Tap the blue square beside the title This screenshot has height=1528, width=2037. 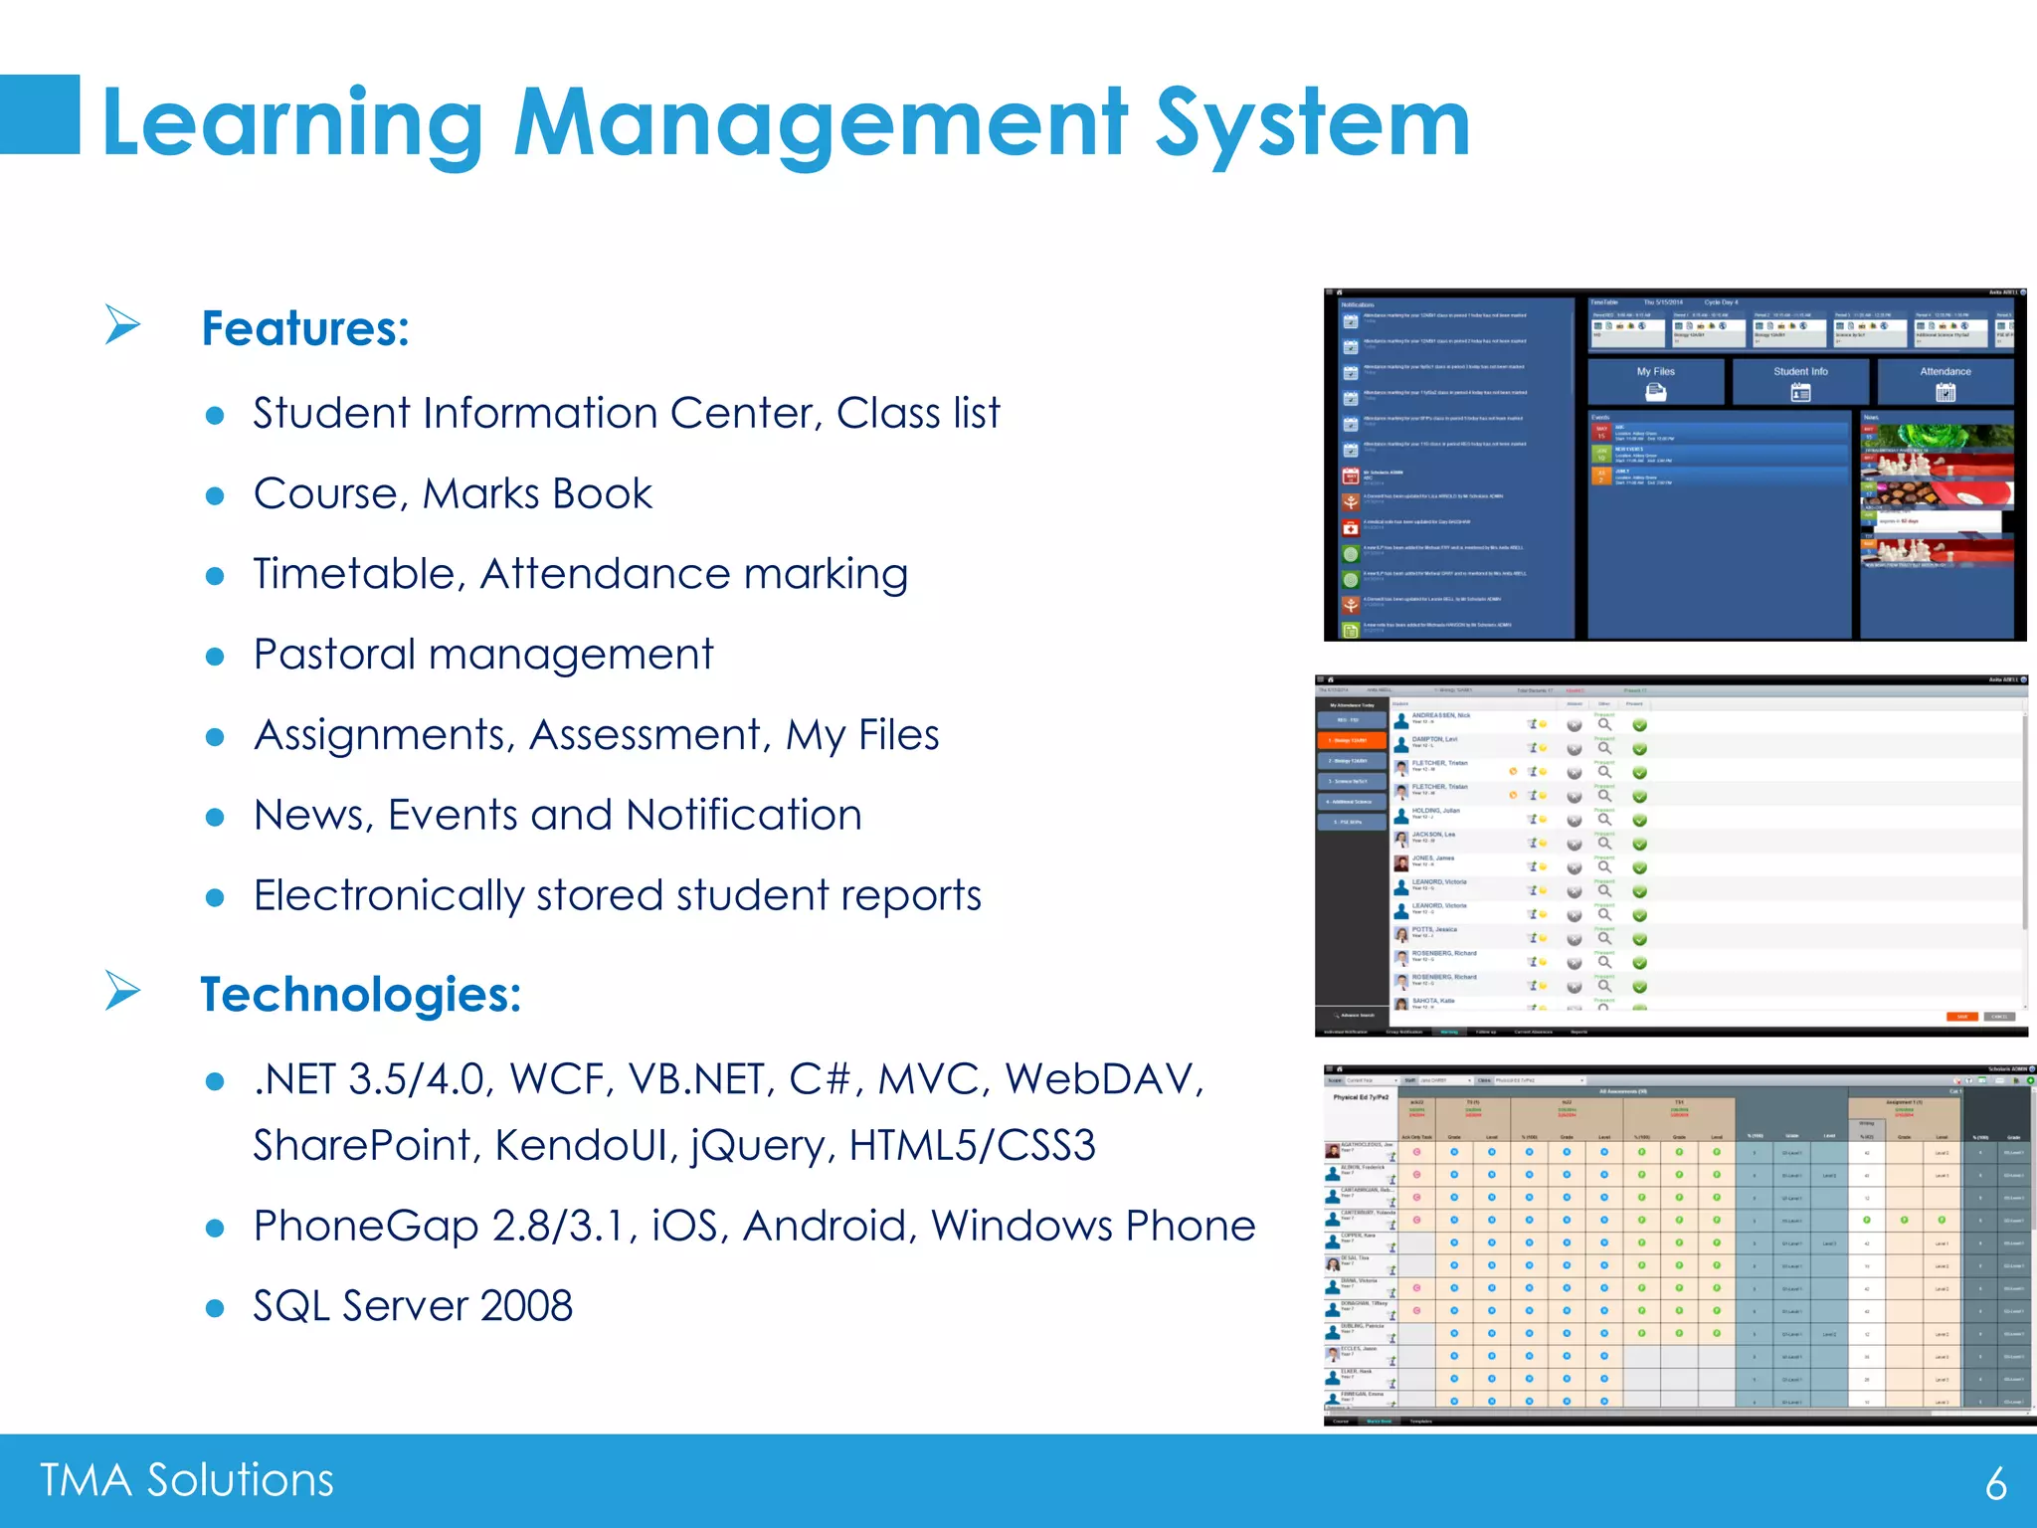click(x=40, y=114)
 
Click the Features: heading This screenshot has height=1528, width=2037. click(x=305, y=328)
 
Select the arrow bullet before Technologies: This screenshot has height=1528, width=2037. click(x=122, y=991)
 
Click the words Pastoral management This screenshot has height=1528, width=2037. click(x=483, y=655)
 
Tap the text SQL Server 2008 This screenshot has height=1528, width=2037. click(x=413, y=1306)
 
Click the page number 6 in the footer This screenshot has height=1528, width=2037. click(x=1995, y=1483)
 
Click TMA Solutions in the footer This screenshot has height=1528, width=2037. click(x=187, y=1480)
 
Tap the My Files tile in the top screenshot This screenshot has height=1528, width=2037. click(x=1656, y=381)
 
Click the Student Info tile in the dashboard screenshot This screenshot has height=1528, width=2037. click(x=1800, y=381)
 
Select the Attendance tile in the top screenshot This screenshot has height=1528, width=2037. click(x=1944, y=381)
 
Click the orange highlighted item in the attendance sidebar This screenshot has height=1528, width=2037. click(x=1350, y=740)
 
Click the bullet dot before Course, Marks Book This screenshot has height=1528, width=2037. click(x=215, y=495)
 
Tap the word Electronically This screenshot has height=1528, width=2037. click(x=388, y=895)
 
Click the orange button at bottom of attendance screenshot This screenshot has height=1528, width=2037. click(x=1961, y=1017)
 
